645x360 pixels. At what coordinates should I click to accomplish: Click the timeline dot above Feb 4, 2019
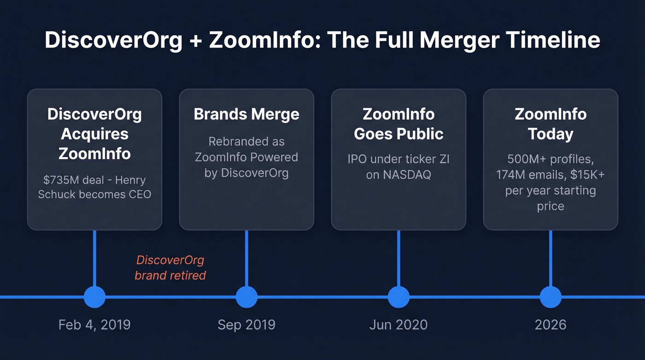click(94, 297)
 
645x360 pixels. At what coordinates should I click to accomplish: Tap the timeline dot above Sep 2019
click(246, 297)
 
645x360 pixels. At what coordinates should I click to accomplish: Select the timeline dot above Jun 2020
click(399, 297)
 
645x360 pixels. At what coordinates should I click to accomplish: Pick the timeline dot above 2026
click(551, 297)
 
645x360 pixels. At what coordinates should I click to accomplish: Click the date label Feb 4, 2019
click(94, 325)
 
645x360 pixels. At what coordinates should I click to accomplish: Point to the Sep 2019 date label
click(246, 325)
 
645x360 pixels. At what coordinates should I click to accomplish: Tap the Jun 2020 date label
click(399, 325)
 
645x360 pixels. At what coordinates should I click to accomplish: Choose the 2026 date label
click(551, 325)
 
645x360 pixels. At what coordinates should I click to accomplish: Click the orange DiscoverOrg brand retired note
click(170, 268)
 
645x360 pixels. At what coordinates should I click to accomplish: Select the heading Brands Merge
click(246, 114)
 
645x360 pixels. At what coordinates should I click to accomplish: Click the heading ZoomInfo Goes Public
click(399, 124)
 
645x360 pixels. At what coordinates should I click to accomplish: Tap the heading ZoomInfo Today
click(551, 124)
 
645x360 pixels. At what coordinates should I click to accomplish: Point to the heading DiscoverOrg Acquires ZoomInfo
click(94, 134)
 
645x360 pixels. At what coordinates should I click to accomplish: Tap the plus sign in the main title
click(196, 41)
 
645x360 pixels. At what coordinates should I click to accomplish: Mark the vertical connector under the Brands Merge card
click(246, 258)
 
